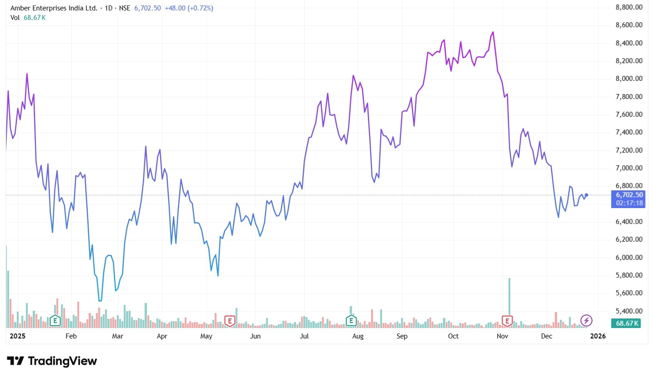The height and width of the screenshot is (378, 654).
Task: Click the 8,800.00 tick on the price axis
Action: [x=629, y=7]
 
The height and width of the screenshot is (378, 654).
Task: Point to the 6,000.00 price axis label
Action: [x=629, y=257]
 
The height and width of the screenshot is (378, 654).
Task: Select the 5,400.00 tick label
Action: [x=629, y=311]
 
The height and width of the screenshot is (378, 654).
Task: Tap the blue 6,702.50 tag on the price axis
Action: [x=629, y=194]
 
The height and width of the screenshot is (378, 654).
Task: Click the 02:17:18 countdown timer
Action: [x=629, y=203]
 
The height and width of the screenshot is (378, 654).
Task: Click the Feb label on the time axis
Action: [x=70, y=336]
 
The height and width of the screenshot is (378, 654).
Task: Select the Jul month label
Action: [x=304, y=336]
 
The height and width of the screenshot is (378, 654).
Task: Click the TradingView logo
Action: [x=52, y=361]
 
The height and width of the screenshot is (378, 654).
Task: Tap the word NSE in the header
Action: [x=124, y=8]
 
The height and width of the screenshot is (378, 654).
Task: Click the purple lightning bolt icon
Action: [x=586, y=320]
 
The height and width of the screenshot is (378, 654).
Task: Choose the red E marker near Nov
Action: [x=507, y=321]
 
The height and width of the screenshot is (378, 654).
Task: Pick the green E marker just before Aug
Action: [x=351, y=321]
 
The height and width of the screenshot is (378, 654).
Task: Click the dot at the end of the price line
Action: [x=587, y=195]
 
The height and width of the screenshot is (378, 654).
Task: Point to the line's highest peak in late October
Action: [x=493, y=32]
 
